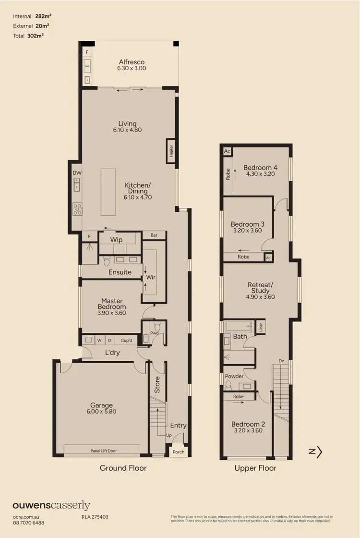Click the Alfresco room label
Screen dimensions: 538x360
pyautogui.click(x=132, y=62)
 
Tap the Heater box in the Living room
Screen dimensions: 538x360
pyautogui.click(x=171, y=151)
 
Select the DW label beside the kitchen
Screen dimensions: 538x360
pyautogui.click(x=77, y=173)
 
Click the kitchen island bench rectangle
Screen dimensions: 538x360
pyautogui.click(x=109, y=192)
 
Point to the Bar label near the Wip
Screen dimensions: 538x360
pyautogui.click(x=154, y=236)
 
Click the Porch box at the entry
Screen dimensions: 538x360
pyautogui.click(x=178, y=452)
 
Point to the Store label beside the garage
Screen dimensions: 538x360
pyautogui.click(x=157, y=385)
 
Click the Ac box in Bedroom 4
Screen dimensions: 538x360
pyautogui.click(x=227, y=151)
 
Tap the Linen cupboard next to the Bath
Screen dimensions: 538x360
pyautogui.click(x=261, y=326)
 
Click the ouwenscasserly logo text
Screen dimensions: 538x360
pyautogui.click(x=51, y=505)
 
